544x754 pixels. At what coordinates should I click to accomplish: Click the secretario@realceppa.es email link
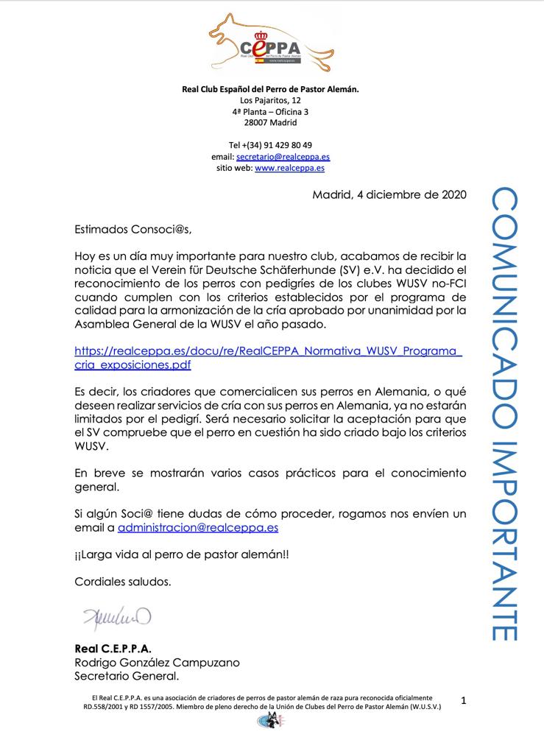click(282, 157)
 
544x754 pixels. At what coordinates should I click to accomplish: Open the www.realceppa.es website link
click(289, 168)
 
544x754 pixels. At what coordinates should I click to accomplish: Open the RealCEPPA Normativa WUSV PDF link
click(268, 357)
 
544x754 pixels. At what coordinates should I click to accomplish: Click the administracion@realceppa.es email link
click(198, 527)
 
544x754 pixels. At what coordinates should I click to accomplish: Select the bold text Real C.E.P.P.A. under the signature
click(113, 649)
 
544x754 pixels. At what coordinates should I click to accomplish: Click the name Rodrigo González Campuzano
click(157, 662)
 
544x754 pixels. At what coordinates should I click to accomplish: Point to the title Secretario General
click(127, 675)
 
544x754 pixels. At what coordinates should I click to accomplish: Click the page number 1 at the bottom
click(464, 701)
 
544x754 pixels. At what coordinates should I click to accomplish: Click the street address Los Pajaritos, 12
click(270, 100)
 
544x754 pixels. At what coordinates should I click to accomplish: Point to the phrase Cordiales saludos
click(122, 581)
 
